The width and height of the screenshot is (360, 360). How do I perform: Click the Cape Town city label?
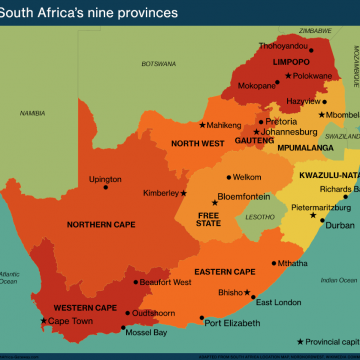click(x=72, y=321)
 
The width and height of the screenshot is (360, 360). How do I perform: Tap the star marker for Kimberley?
click(x=183, y=193)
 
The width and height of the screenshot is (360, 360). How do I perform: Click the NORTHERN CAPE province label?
click(x=101, y=224)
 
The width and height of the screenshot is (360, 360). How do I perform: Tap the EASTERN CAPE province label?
click(x=224, y=272)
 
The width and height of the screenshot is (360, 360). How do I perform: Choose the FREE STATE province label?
click(x=208, y=219)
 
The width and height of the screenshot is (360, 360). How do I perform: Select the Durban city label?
click(x=339, y=225)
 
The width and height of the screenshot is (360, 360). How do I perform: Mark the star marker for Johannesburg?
click(x=257, y=132)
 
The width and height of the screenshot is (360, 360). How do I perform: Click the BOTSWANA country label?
click(x=158, y=63)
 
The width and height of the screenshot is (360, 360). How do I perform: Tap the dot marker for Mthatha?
click(x=273, y=263)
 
